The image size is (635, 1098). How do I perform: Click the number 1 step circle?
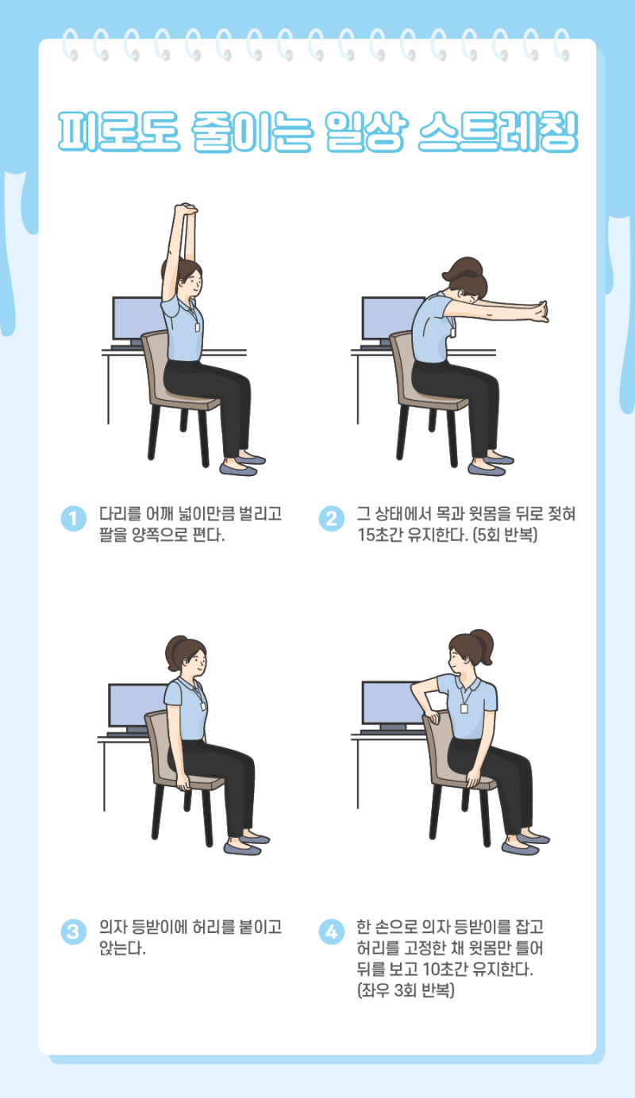pos(74,518)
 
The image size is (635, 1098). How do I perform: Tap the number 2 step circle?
pos(332,518)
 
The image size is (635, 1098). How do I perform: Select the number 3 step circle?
pos(74,932)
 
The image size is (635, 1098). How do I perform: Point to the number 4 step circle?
pos(332,932)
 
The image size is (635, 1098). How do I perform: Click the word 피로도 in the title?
pos(119,132)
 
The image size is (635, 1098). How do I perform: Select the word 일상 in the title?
pos(366,132)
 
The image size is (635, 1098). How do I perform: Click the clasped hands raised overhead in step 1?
pos(187,209)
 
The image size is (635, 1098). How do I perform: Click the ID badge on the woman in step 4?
pos(464,708)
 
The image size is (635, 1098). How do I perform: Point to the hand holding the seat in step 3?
pos(183,783)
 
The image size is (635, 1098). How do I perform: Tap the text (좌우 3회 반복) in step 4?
pos(406,990)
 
